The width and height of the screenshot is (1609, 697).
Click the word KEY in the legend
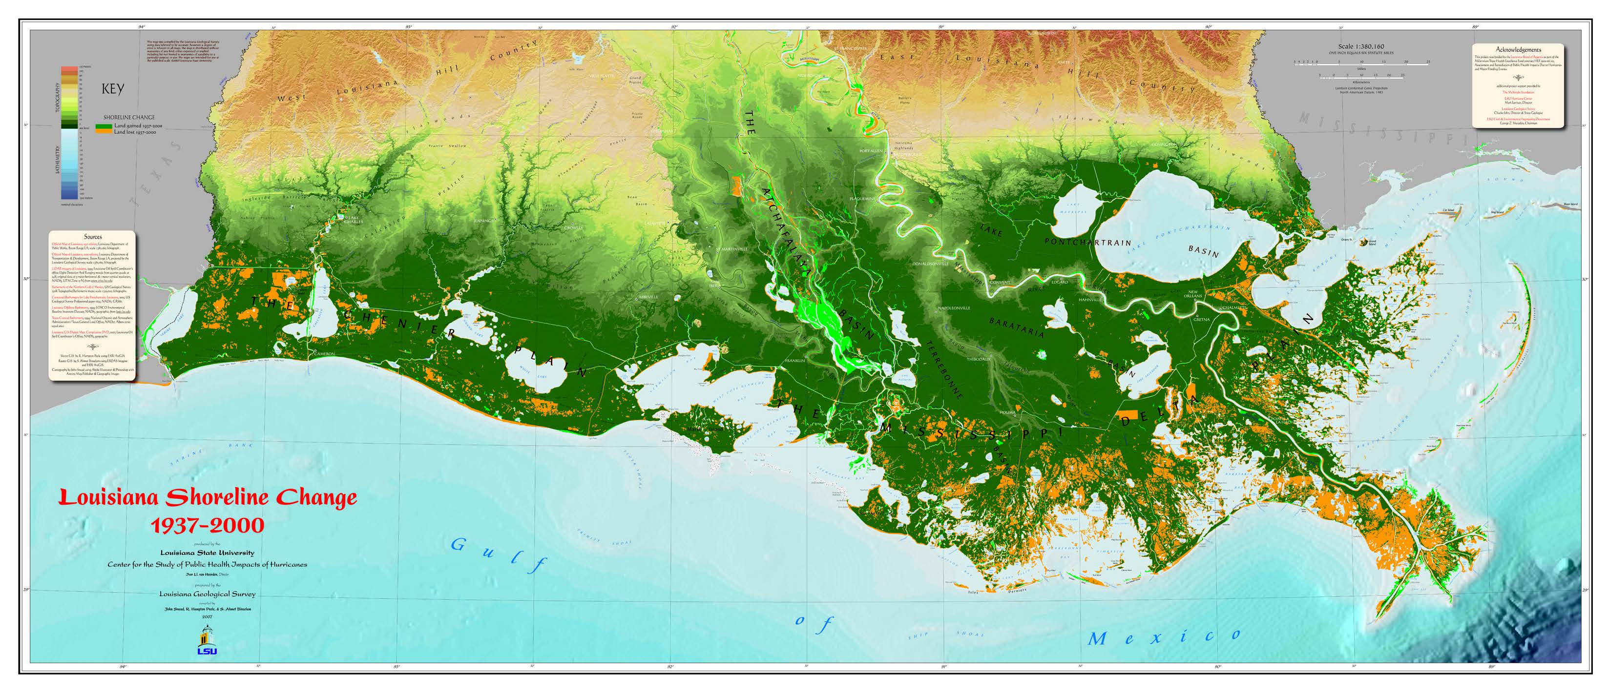tap(113, 89)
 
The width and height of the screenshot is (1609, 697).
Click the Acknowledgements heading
tap(1518, 49)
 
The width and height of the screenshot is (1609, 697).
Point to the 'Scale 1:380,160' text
tap(1361, 46)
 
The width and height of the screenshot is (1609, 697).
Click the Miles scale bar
tap(1361, 63)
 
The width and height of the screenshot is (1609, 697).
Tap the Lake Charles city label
tap(354, 220)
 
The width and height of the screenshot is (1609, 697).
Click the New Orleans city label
tap(1193, 293)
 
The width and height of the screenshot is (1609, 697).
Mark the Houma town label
tap(1007, 413)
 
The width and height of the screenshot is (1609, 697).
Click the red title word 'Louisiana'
tap(110, 498)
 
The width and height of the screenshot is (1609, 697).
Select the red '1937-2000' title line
tap(208, 525)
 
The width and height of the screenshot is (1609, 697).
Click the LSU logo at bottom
tap(207, 641)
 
